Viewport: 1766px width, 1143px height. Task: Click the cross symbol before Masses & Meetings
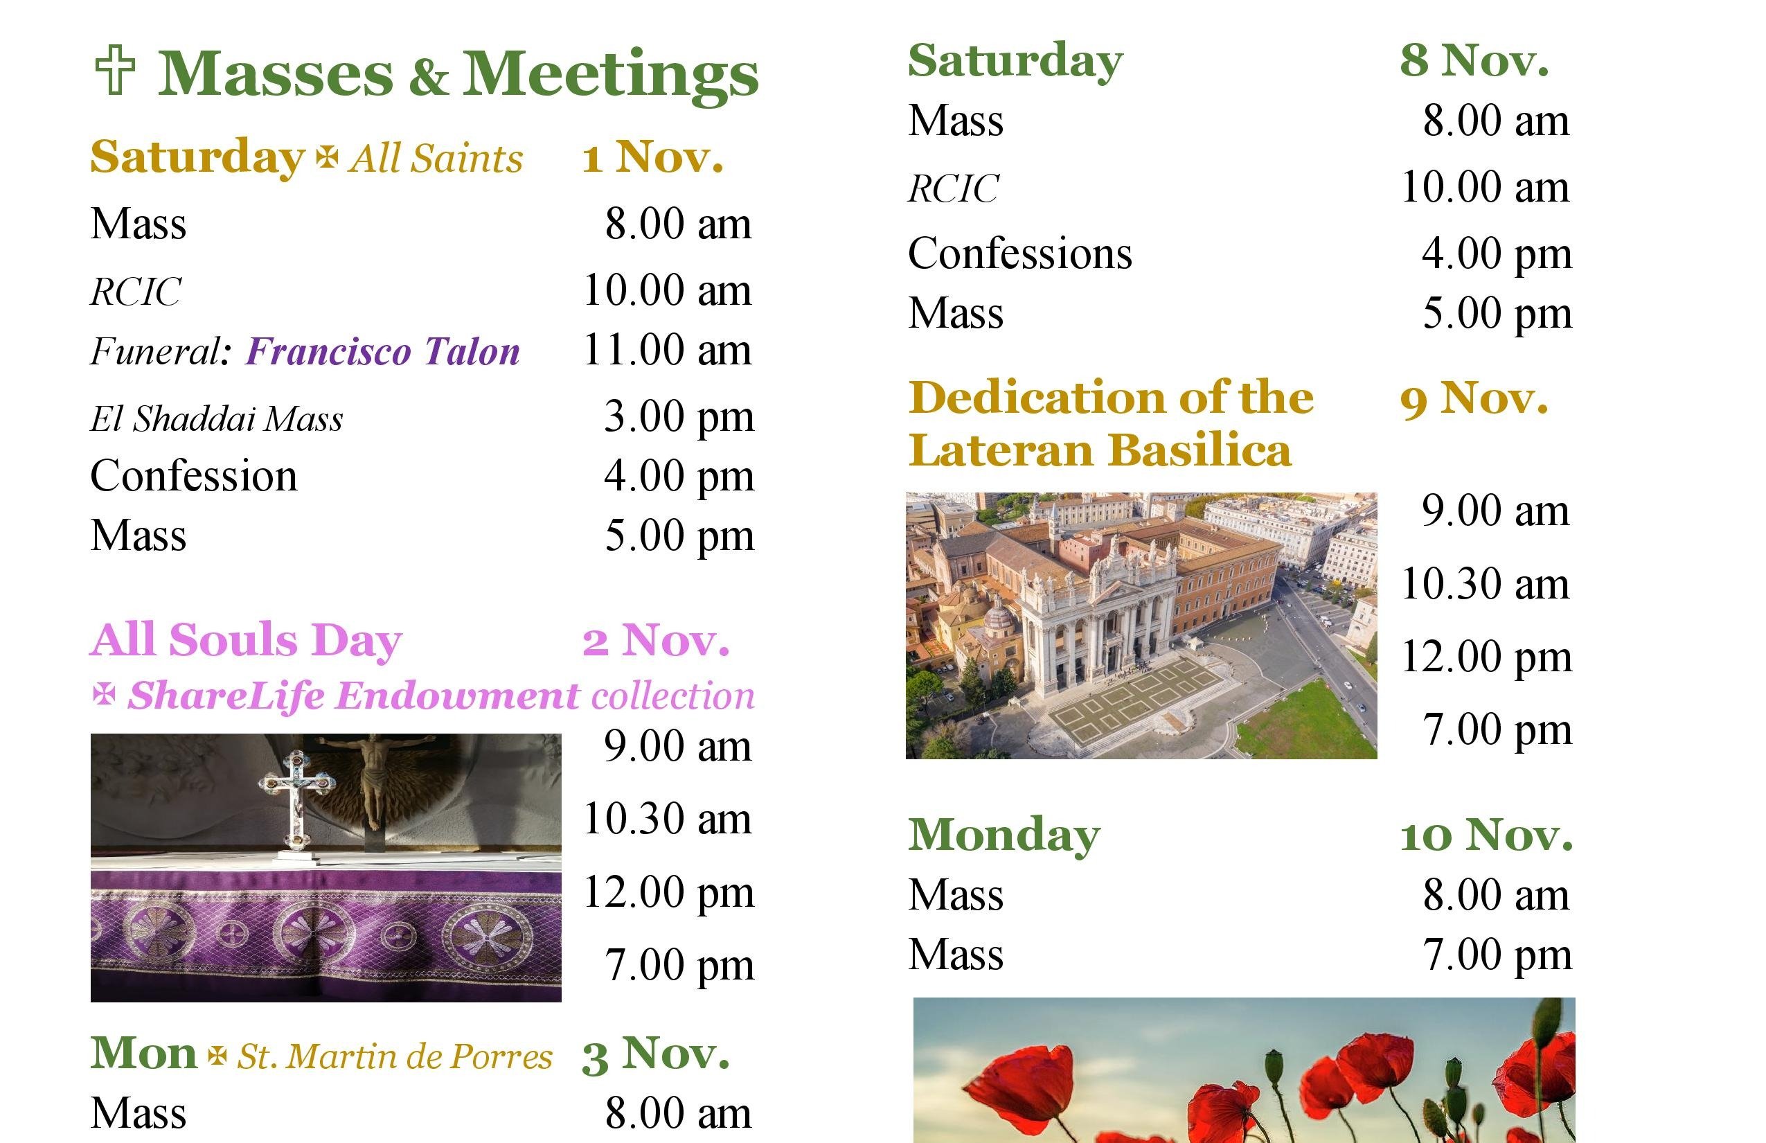(x=115, y=70)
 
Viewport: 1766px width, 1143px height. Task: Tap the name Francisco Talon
(x=383, y=351)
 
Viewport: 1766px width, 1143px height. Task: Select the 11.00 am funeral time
(x=667, y=350)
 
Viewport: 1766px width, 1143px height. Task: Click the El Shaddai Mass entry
(x=217, y=418)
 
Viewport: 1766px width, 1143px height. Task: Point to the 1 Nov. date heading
(x=652, y=157)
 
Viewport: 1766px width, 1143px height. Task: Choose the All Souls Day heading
(x=247, y=640)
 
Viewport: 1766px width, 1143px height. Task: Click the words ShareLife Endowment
(x=353, y=696)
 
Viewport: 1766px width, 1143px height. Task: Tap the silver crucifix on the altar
(x=295, y=805)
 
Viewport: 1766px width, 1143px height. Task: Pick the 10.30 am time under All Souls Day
(x=667, y=819)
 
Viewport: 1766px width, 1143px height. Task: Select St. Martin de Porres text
(x=395, y=1056)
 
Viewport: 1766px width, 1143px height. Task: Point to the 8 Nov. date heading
(x=1474, y=60)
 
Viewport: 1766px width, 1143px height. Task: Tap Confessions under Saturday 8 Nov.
(x=1020, y=254)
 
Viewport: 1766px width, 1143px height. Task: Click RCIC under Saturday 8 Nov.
(x=954, y=188)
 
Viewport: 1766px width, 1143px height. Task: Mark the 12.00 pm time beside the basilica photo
(x=1486, y=657)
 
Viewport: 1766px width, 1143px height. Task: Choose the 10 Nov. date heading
(x=1486, y=835)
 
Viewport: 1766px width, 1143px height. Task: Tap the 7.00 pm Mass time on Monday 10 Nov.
(x=1497, y=955)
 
